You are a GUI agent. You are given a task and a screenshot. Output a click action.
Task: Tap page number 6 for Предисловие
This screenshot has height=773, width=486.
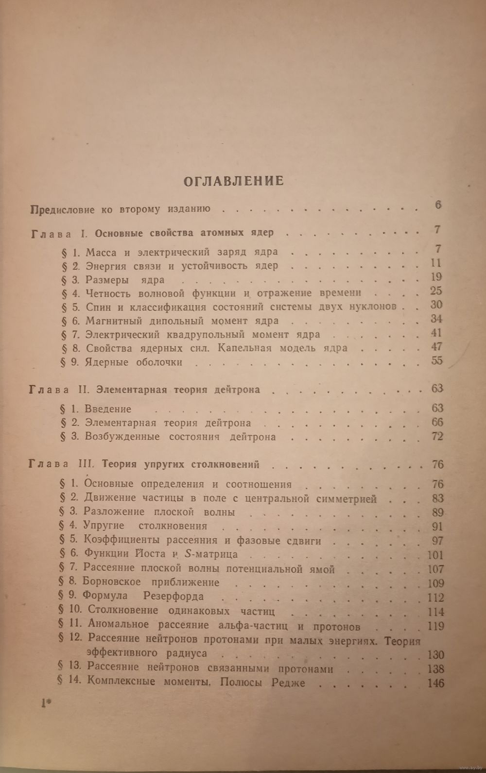[x=438, y=205]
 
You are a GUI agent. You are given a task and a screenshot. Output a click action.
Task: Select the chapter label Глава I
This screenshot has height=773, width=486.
[x=59, y=233]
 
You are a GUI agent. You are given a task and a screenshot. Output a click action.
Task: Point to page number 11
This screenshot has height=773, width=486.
[x=436, y=263]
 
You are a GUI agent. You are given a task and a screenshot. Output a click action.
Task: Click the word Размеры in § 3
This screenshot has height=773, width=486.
[x=107, y=280]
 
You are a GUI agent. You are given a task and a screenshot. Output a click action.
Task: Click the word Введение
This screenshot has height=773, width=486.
[x=108, y=409]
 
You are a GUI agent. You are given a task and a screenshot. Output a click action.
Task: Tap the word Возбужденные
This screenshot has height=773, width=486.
[x=122, y=436]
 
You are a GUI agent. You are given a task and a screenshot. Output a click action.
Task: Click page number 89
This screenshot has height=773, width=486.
[x=437, y=512]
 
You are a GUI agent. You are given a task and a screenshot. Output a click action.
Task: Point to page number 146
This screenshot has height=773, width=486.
[x=434, y=683]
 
